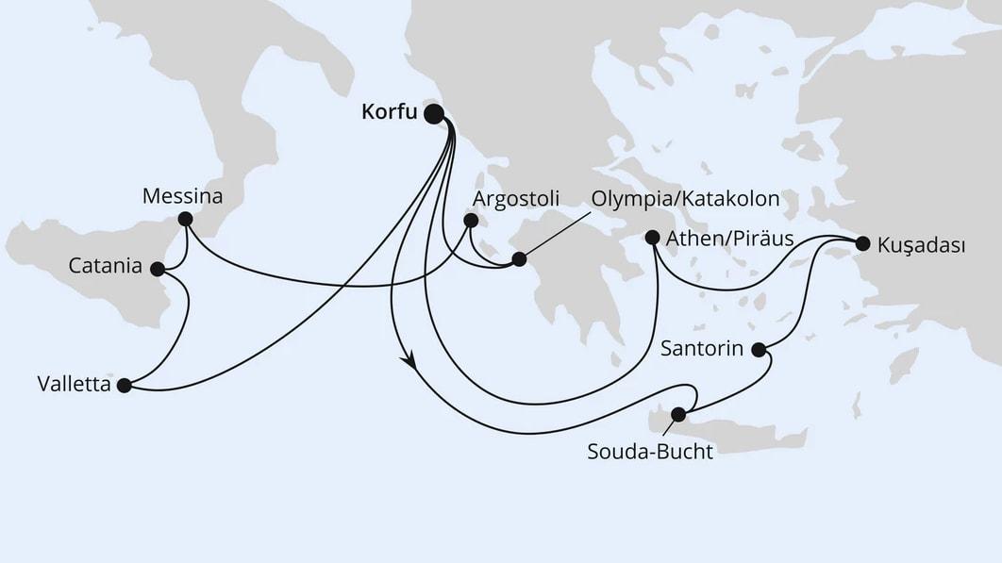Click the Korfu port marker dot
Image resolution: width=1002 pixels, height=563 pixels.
tap(434, 114)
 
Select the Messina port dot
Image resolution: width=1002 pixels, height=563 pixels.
tap(185, 219)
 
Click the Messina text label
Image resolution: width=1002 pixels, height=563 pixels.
tap(182, 197)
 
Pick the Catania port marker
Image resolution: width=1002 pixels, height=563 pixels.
tap(158, 269)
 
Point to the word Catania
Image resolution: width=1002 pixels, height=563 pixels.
tap(106, 268)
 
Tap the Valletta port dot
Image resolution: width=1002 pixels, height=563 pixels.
tap(124, 385)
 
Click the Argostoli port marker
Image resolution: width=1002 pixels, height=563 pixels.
tap(469, 222)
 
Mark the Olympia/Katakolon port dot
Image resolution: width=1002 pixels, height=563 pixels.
tap(518, 258)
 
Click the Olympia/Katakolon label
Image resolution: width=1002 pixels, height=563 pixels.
tap(685, 199)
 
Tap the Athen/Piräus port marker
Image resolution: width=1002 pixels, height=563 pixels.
tap(652, 238)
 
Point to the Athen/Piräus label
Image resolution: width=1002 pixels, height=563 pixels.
tap(730, 238)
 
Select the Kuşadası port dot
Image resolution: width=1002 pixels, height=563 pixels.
tap(861, 243)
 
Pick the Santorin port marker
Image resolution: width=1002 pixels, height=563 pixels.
tap(760, 349)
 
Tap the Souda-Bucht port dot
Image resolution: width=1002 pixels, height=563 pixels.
tap(677, 414)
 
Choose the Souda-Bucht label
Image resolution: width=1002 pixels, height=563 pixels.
tap(650, 451)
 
